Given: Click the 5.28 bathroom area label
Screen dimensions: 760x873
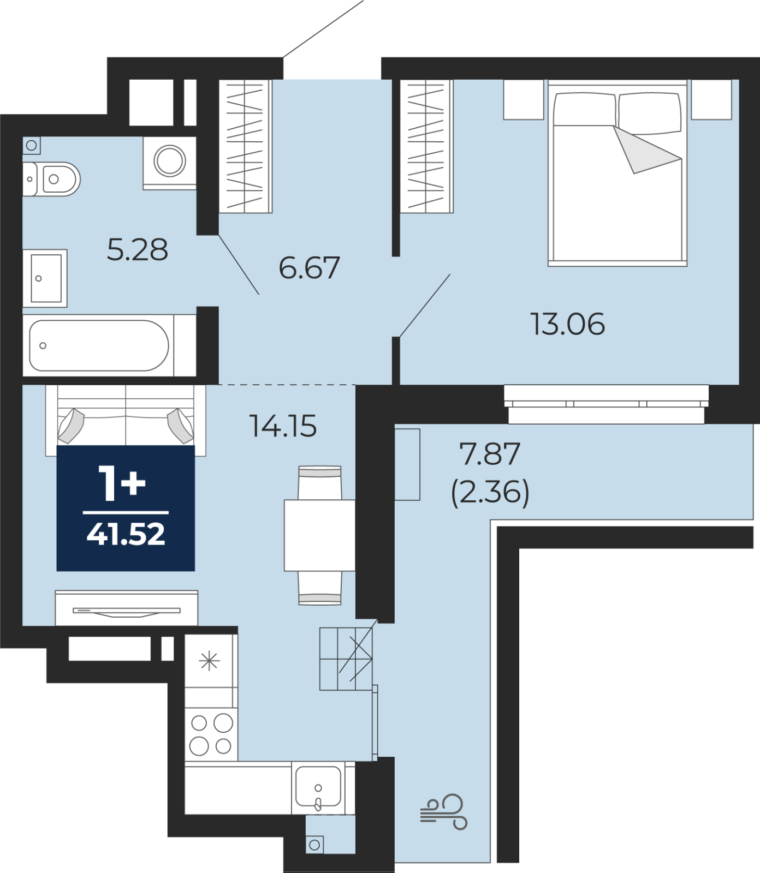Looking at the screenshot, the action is (138, 250).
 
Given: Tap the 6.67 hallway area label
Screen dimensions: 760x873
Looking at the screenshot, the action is (309, 268).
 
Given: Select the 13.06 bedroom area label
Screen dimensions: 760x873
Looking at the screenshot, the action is (568, 324).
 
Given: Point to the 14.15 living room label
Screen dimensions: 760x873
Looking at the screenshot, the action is (283, 426).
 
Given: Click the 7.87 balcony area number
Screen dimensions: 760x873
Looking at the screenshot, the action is (490, 454).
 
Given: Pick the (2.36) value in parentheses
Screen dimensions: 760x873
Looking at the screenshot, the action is (490, 492).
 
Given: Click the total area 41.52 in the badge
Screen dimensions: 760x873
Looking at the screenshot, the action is (126, 534).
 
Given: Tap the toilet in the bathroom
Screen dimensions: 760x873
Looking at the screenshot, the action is (51, 179).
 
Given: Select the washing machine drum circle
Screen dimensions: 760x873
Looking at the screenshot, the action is (170, 161).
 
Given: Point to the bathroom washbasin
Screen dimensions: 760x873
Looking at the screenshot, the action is (45, 278).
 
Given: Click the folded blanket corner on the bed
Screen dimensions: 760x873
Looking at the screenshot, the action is (648, 151).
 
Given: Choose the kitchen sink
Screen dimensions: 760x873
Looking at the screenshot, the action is (318, 787).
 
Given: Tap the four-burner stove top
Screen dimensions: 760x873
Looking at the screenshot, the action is (211, 734).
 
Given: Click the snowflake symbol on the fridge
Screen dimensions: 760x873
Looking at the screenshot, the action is (209, 662).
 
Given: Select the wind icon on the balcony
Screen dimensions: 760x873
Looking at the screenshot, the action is (444, 812).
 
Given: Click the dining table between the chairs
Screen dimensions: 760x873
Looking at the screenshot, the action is (319, 535).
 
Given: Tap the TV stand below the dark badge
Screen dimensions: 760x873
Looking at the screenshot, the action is (127, 608).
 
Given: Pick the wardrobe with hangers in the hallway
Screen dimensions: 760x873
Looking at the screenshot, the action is (246, 146).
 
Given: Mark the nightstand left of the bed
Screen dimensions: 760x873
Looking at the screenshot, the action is (524, 99).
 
